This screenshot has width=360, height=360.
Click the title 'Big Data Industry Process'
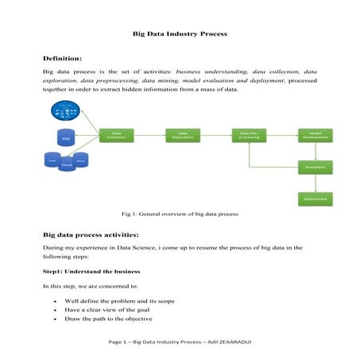[x=180, y=34]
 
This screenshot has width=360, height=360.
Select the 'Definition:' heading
[x=63, y=59]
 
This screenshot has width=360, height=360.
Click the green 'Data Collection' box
[x=116, y=136]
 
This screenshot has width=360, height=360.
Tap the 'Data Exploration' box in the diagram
[x=183, y=136]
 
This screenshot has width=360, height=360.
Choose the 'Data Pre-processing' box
[x=249, y=136]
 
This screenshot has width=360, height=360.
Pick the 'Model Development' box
[x=315, y=136]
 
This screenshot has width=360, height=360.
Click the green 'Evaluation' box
[x=315, y=168]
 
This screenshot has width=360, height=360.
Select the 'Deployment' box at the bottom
[x=315, y=199]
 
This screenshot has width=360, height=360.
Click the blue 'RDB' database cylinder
[x=66, y=137]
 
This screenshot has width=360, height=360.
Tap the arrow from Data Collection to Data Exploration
[x=149, y=136]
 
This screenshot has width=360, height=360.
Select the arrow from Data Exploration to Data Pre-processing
[x=215, y=136]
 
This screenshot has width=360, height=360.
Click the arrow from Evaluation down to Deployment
[x=315, y=184]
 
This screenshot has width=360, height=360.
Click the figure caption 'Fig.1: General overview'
[x=180, y=215]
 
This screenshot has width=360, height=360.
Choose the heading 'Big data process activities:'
[x=91, y=235]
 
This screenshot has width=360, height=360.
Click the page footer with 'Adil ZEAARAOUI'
[x=180, y=342]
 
